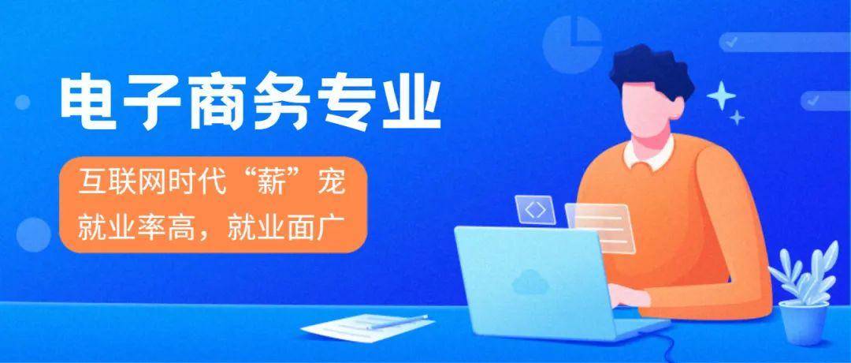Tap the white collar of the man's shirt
click(649, 154)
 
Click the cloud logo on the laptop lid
click(525, 282)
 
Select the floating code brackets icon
click(535, 210)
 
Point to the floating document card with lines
click(600, 228)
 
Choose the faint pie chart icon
click(572, 44)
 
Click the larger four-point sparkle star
click(721, 96)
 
